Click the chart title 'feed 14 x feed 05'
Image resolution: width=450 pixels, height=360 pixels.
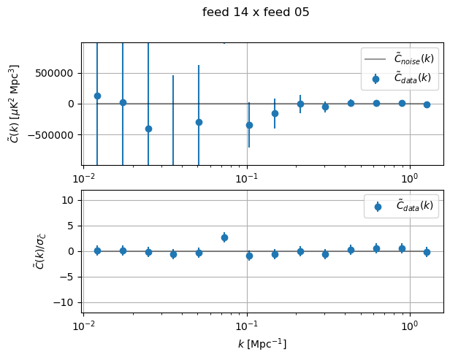pyautogui.click(x=256, y=12)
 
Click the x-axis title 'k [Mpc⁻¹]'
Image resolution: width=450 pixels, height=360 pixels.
pyautogui.click(x=262, y=343)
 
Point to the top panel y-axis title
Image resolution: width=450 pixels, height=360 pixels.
pyautogui.click(x=15, y=104)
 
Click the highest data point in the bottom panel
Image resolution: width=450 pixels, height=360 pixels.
pyautogui.click(x=224, y=237)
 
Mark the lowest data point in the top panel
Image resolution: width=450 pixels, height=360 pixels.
pyautogui.click(x=148, y=129)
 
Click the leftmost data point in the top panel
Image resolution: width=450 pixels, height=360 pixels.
pyautogui.click(x=97, y=96)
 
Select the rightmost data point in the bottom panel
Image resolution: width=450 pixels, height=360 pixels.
pyautogui.click(x=427, y=252)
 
